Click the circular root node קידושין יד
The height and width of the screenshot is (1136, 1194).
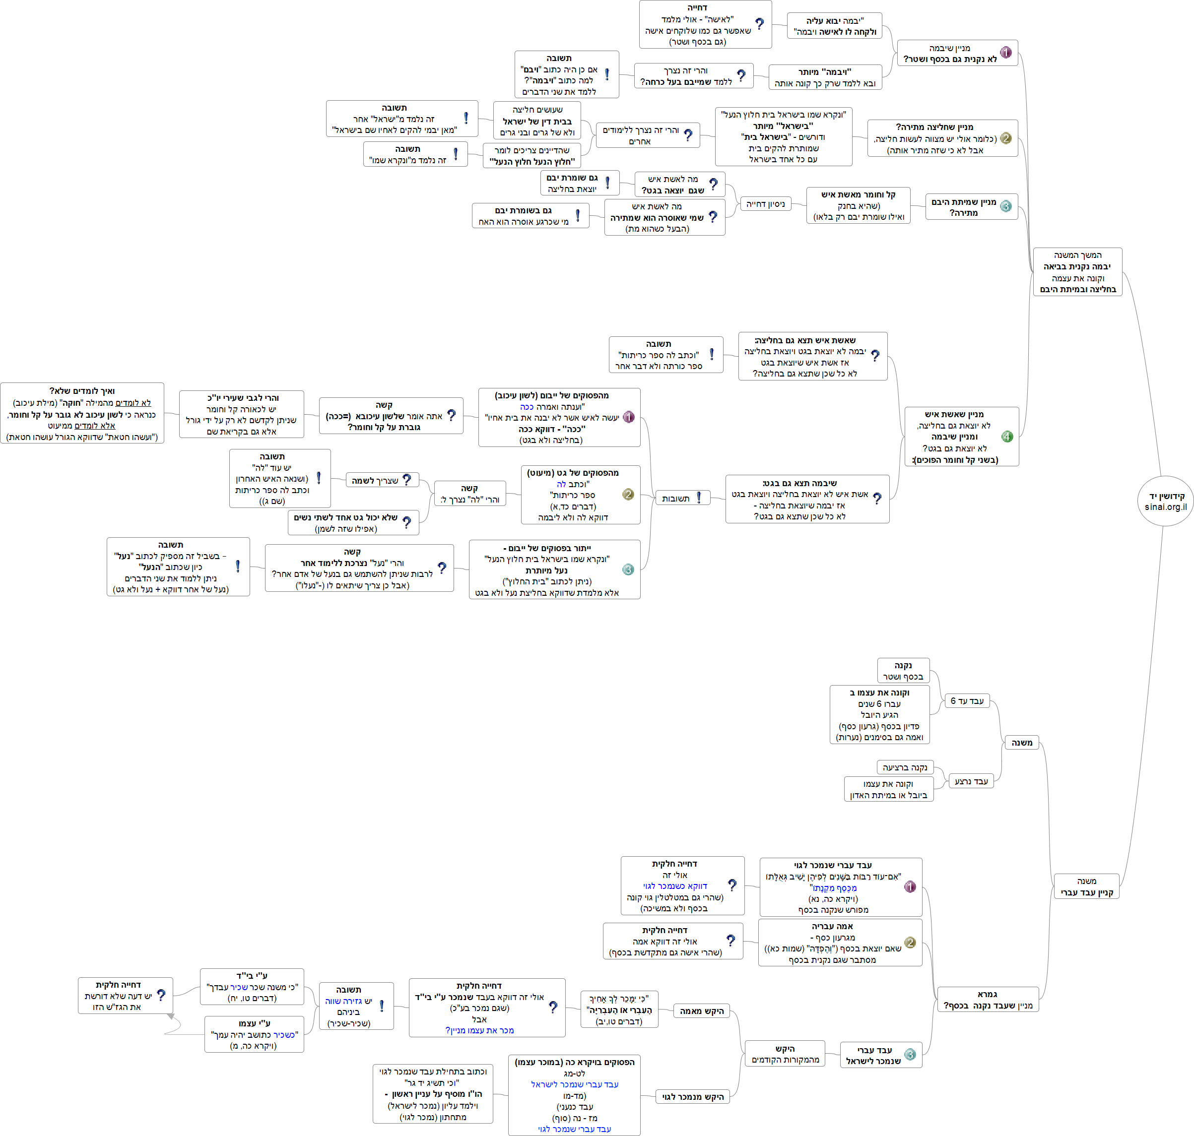point(1165,501)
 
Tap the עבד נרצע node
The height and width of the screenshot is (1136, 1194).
point(971,781)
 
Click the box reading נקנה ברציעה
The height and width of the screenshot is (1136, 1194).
point(905,767)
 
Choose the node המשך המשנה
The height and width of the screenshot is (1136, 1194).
point(1077,272)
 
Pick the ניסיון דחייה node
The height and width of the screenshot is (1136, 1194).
point(766,204)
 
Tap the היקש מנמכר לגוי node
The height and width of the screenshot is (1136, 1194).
point(692,1097)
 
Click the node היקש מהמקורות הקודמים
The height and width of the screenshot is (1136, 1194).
point(785,1054)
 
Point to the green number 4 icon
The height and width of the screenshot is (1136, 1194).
point(1007,437)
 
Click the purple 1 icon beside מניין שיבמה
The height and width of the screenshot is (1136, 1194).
point(1005,52)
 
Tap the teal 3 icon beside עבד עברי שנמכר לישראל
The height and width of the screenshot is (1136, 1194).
point(910,1054)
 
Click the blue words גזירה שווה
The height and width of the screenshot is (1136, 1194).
point(343,1001)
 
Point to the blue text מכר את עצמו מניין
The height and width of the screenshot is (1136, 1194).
point(480,1030)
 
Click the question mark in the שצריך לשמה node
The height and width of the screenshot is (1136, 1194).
point(407,480)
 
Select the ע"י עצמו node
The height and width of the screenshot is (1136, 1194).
point(255,1034)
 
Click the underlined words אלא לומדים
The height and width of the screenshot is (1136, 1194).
point(94,426)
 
